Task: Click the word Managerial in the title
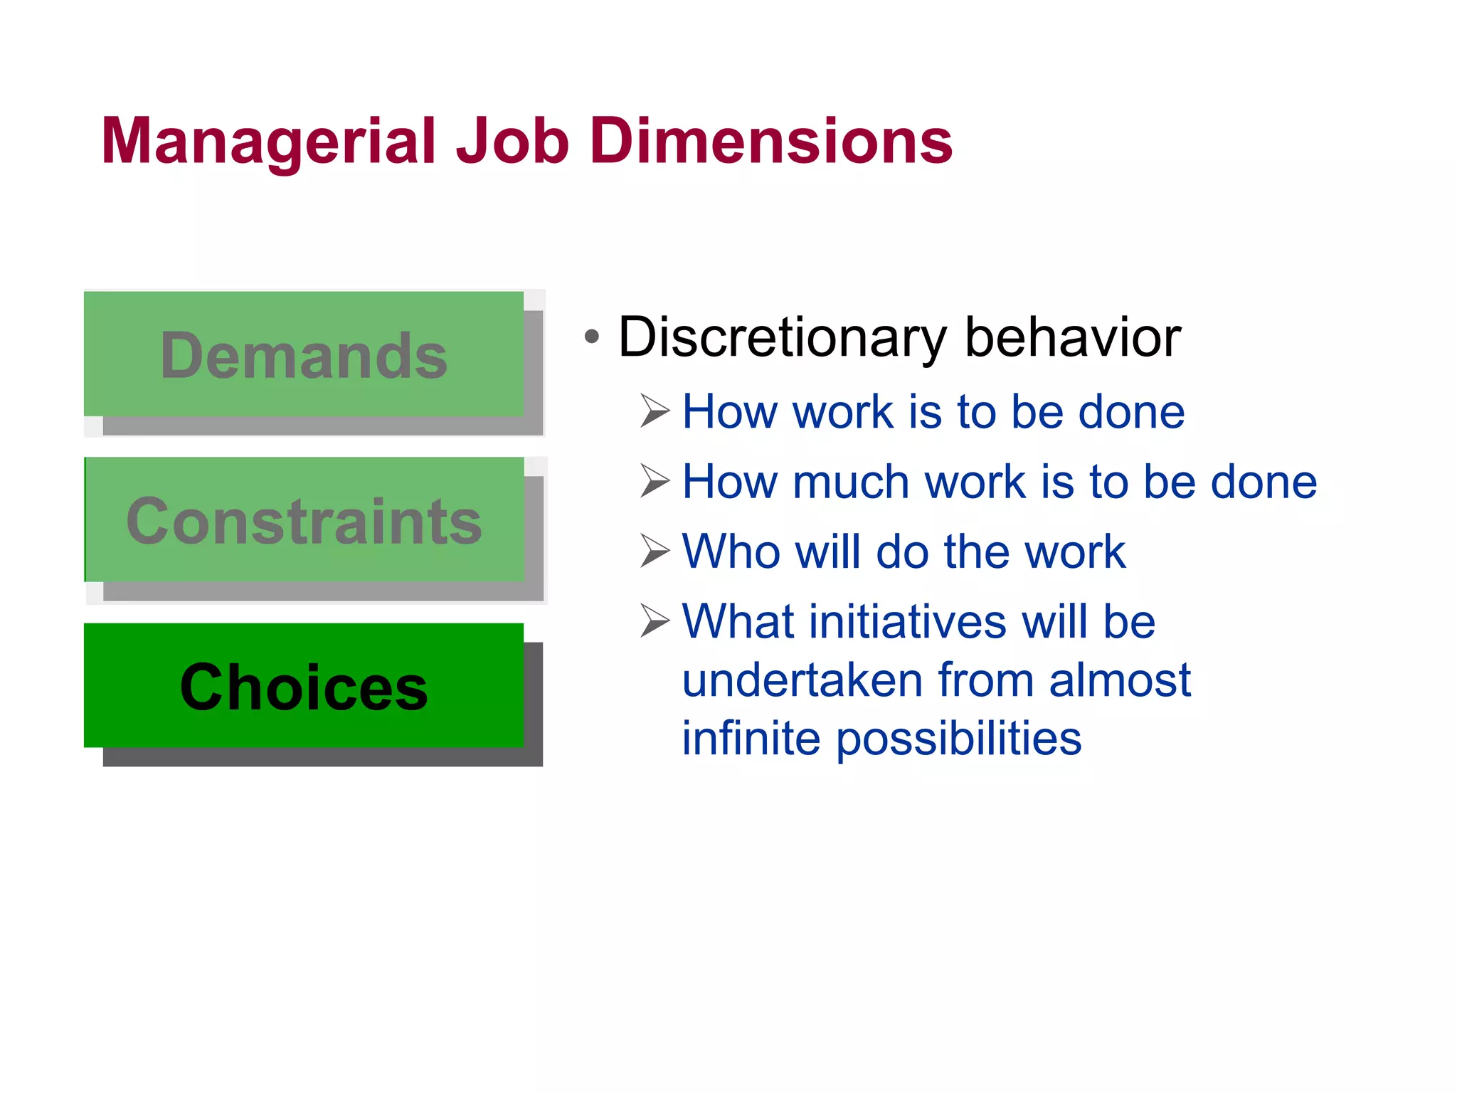click(x=267, y=142)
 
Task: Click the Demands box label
click(x=304, y=356)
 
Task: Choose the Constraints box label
click(x=304, y=522)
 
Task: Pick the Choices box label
click(x=304, y=687)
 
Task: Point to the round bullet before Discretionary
click(x=591, y=336)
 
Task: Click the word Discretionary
click(x=783, y=337)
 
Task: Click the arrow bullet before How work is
click(x=655, y=411)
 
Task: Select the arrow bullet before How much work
click(x=655, y=480)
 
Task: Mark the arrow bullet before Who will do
click(x=655, y=550)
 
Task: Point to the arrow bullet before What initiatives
click(x=655, y=620)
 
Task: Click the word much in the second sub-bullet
click(x=850, y=482)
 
